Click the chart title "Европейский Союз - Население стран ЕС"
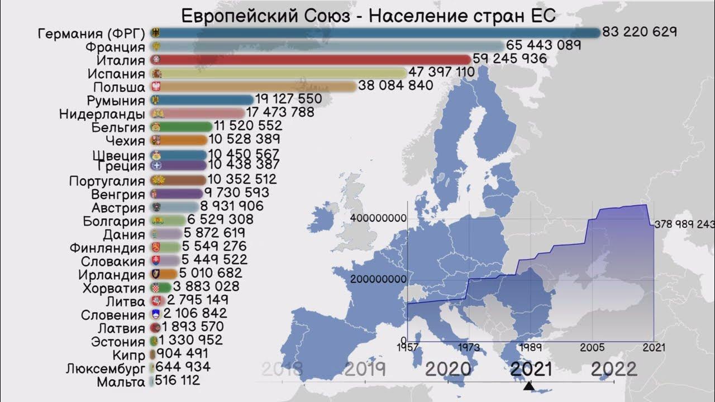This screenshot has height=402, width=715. [x=369, y=15]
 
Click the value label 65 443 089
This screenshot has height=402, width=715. [x=544, y=45]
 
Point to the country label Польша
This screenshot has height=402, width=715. [x=119, y=87]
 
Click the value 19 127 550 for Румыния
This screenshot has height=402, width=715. [x=288, y=99]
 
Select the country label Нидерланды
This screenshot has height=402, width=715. [x=102, y=114]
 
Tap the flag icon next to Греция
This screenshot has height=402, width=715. [x=156, y=166]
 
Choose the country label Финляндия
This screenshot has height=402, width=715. [x=107, y=247]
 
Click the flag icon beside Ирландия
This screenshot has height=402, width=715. [x=156, y=274]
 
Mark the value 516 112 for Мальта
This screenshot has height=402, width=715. [x=177, y=381]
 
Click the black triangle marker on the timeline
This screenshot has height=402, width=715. [x=529, y=386]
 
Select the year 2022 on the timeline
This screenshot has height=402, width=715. [x=613, y=369]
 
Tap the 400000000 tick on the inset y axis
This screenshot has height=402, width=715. [x=378, y=218]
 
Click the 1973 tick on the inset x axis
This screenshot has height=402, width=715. [x=469, y=347]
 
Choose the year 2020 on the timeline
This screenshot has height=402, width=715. [x=447, y=369]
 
